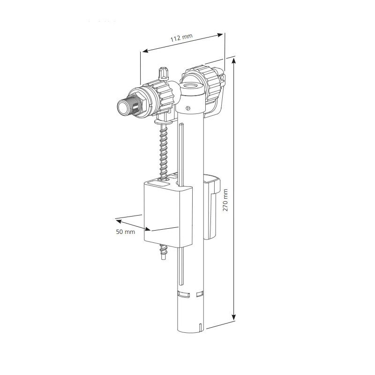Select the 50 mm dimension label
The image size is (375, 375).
point(126,232)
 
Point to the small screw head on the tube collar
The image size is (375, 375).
point(187,108)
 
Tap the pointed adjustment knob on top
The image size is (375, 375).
point(164,73)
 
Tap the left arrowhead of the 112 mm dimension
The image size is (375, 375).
point(144,51)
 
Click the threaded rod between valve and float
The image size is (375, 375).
point(163,150)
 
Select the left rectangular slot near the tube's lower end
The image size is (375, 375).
point(183,294)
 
